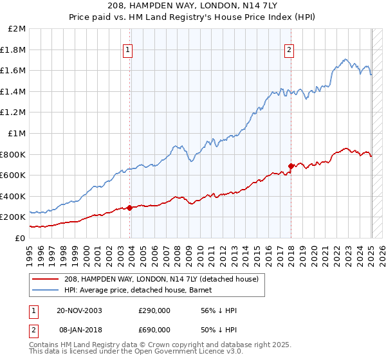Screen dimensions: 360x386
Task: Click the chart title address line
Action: coord(193,5)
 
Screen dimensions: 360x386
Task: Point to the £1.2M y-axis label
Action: coord(14,113)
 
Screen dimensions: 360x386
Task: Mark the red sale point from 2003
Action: coord(130,208)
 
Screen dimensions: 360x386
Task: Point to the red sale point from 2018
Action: coord(291,166)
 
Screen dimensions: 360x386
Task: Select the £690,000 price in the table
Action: coord(154,328)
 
